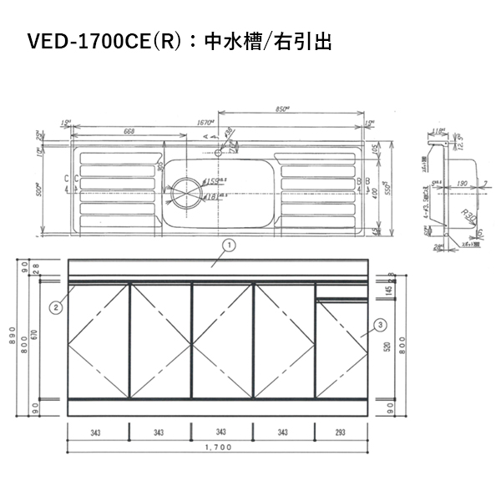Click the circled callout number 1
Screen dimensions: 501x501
pos(229,245)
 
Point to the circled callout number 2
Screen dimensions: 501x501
pos(55,307)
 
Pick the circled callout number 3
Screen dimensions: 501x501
pos(380,325)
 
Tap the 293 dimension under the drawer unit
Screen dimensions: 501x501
pos(341,432)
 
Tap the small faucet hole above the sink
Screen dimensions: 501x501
pos(219,153)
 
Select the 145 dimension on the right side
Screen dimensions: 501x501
pos(390,291)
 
